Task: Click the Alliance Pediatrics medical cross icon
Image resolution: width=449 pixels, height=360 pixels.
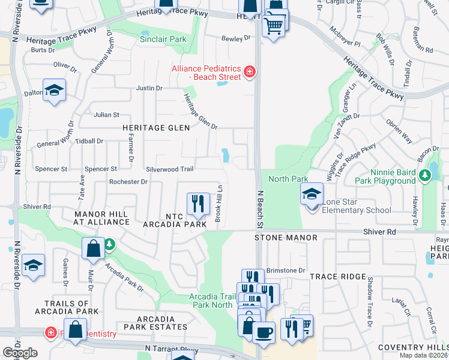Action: (x=249, y=73)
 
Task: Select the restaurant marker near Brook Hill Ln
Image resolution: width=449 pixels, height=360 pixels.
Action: (x=197, y=203)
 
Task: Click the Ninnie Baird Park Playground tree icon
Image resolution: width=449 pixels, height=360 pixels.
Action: (x=426, y=175)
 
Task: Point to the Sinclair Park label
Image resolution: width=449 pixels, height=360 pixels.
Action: (x=163, y=39)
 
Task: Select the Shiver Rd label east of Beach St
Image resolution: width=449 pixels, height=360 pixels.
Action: (x=379, y=232)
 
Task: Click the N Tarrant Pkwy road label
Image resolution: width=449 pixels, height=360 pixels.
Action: (x=171, y=349)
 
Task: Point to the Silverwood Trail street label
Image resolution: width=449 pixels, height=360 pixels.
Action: (x=169, y=170)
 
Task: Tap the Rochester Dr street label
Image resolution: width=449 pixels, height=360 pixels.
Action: (x=128, y=182)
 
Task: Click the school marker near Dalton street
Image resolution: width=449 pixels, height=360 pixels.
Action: (x=54, y=91)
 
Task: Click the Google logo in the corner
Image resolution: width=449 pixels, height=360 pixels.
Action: (x=19, y=353)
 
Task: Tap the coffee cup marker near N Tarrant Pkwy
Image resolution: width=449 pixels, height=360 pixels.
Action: (x=264, y=332)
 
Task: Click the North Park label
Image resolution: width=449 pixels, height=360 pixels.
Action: (x=288, y=179)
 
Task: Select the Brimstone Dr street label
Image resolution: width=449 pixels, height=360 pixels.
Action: (x=286, y=271)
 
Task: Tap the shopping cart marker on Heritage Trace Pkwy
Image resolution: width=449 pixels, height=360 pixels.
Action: (x=274, y=26)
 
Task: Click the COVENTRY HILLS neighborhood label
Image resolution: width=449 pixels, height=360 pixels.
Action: (x=412, y=348)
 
